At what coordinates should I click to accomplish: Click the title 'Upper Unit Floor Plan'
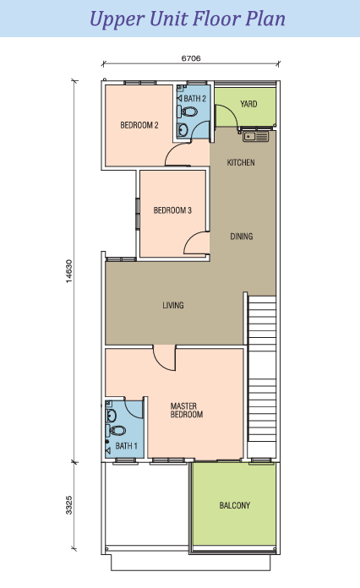tap(180, 18)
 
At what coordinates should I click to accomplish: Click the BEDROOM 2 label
tap(139, 125)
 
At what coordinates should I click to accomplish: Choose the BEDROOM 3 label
tap(172, 210)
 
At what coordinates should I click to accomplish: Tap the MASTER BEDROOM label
tap(187, 410)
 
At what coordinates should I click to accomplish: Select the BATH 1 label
tap(126, 445)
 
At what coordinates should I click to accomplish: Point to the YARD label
tap(248, 104)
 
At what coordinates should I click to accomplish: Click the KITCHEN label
tap(241, 162)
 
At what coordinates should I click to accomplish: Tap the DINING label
tap(242, 237)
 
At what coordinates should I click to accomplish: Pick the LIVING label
tap(173, 305)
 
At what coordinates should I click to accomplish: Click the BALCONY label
tap(234, 506)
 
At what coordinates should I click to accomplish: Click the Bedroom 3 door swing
tap(195, 244)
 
